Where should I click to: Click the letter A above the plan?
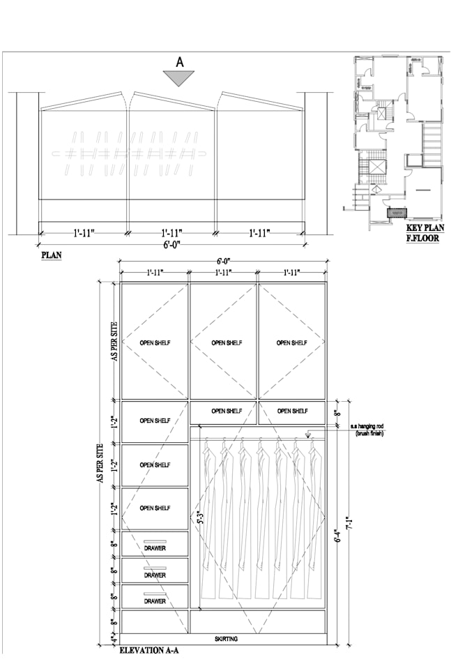pyautogui.click(x=180, y=62)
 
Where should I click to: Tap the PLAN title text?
pyautogui.click(x=52, y=255)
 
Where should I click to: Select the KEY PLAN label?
pyautogui.click(x=425, y=228)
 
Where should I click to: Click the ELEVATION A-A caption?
pyautogui.click(x=149, y=651)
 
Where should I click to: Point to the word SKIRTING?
pyautogui.click(x=227, y=639)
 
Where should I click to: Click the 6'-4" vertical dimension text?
pyautogui.click(x=338, y=536)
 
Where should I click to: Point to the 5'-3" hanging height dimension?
pyautogui.click(x=198, y=517)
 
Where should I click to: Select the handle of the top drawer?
pyautogui.click(x=155, y=541)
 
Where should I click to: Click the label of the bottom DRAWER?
pyautogui.click(x=155, y=601)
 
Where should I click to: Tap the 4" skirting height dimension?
pyautogui.click(x=113, y=639)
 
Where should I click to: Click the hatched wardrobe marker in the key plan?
pyautogui.click(x=397, y=212)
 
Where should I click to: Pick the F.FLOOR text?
pyautogui.click(x=422, y=238)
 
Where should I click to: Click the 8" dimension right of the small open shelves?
pyautogui.click(x=338, y=414)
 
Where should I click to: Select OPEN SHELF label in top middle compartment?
pyautogui.click(x=227, y=342)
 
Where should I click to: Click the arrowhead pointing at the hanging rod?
pyautogui.click(x=308, y=435)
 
